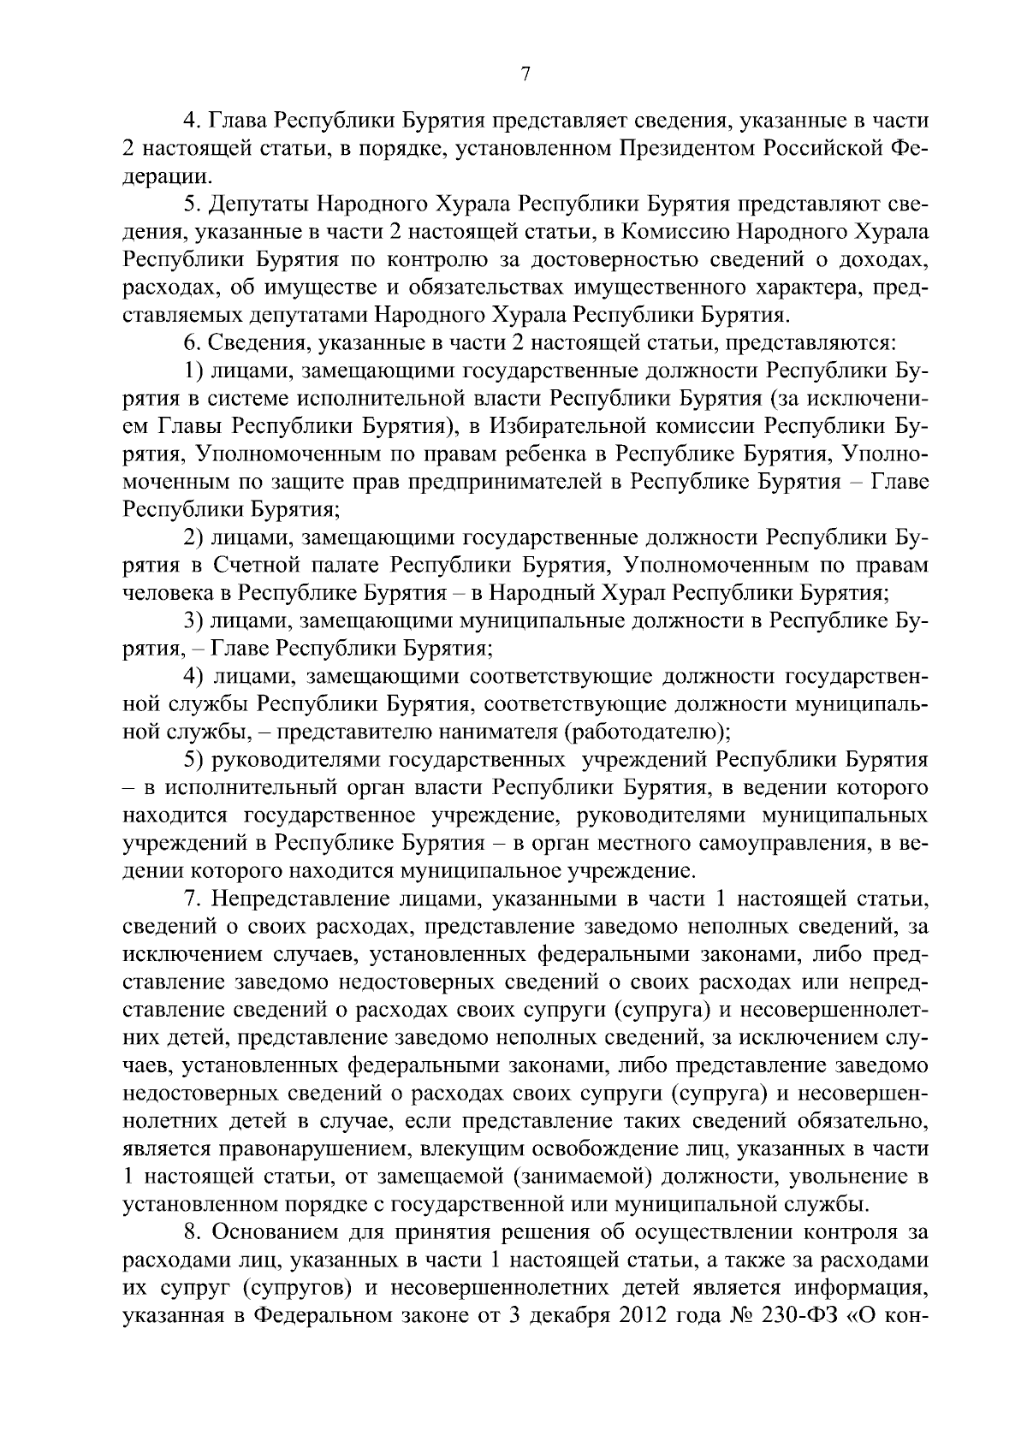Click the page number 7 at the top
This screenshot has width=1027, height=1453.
(525, 74)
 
